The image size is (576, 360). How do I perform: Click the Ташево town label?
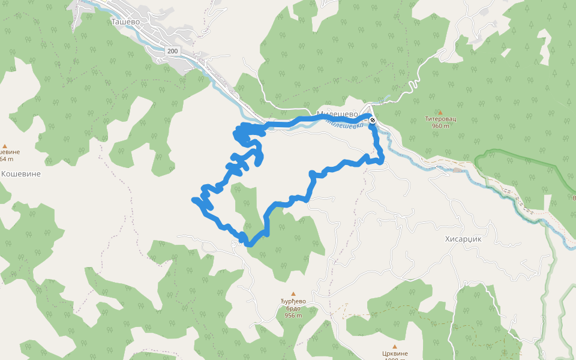125,21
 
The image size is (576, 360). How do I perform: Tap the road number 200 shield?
172,52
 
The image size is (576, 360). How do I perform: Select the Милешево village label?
337,113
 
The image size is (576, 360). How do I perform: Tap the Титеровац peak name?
440,119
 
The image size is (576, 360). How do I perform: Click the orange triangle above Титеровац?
440,112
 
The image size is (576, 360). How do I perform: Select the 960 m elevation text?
440,126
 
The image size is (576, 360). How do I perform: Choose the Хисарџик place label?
463,238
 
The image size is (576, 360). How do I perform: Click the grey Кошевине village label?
21,173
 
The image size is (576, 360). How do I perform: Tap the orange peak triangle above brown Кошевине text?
5,145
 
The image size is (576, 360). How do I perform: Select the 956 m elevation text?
293,315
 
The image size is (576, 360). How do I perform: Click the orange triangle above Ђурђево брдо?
293,293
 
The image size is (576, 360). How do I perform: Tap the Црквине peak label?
395,354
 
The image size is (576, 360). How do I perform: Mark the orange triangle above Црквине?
395,346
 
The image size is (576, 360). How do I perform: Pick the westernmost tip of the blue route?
193,199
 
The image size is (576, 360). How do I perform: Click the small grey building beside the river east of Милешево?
458,170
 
